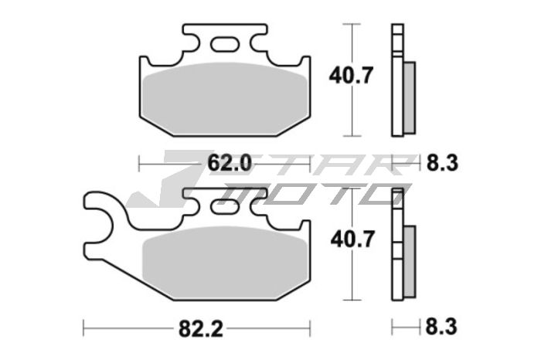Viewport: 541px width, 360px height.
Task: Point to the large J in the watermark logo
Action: [166, 182]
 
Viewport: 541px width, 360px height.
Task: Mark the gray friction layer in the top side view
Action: [410, 93]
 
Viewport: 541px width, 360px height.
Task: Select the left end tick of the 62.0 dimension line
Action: [139, 163]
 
